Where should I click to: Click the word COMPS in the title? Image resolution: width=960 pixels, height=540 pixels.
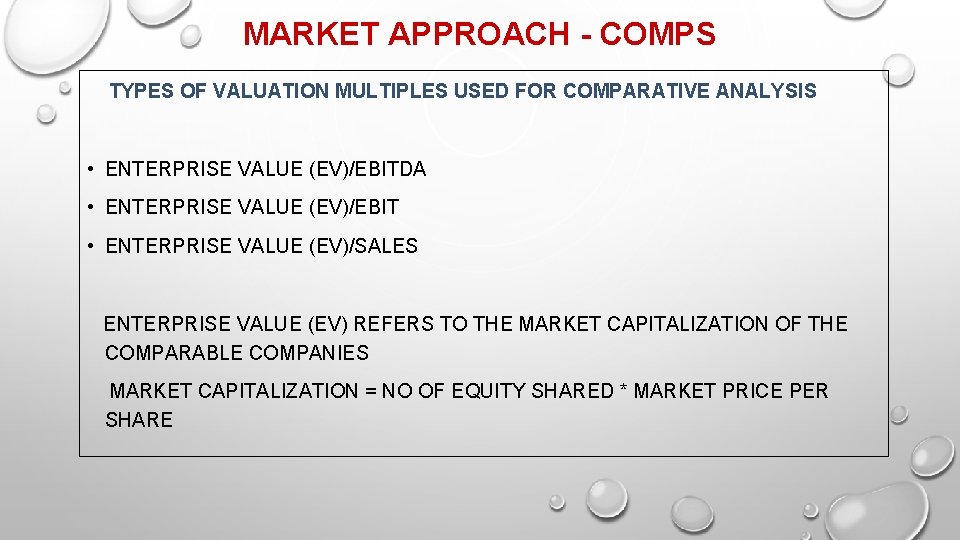659,34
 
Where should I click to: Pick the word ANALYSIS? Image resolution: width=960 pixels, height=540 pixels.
772,91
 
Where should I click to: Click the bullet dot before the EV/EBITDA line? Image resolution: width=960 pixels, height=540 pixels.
90,169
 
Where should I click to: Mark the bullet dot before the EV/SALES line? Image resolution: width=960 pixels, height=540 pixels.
90,245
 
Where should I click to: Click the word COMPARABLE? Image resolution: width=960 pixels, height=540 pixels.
174,353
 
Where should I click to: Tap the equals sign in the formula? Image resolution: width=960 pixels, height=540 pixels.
372,391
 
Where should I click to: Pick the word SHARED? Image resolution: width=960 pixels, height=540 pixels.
569,391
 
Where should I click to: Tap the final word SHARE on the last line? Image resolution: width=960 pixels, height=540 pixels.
139,420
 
